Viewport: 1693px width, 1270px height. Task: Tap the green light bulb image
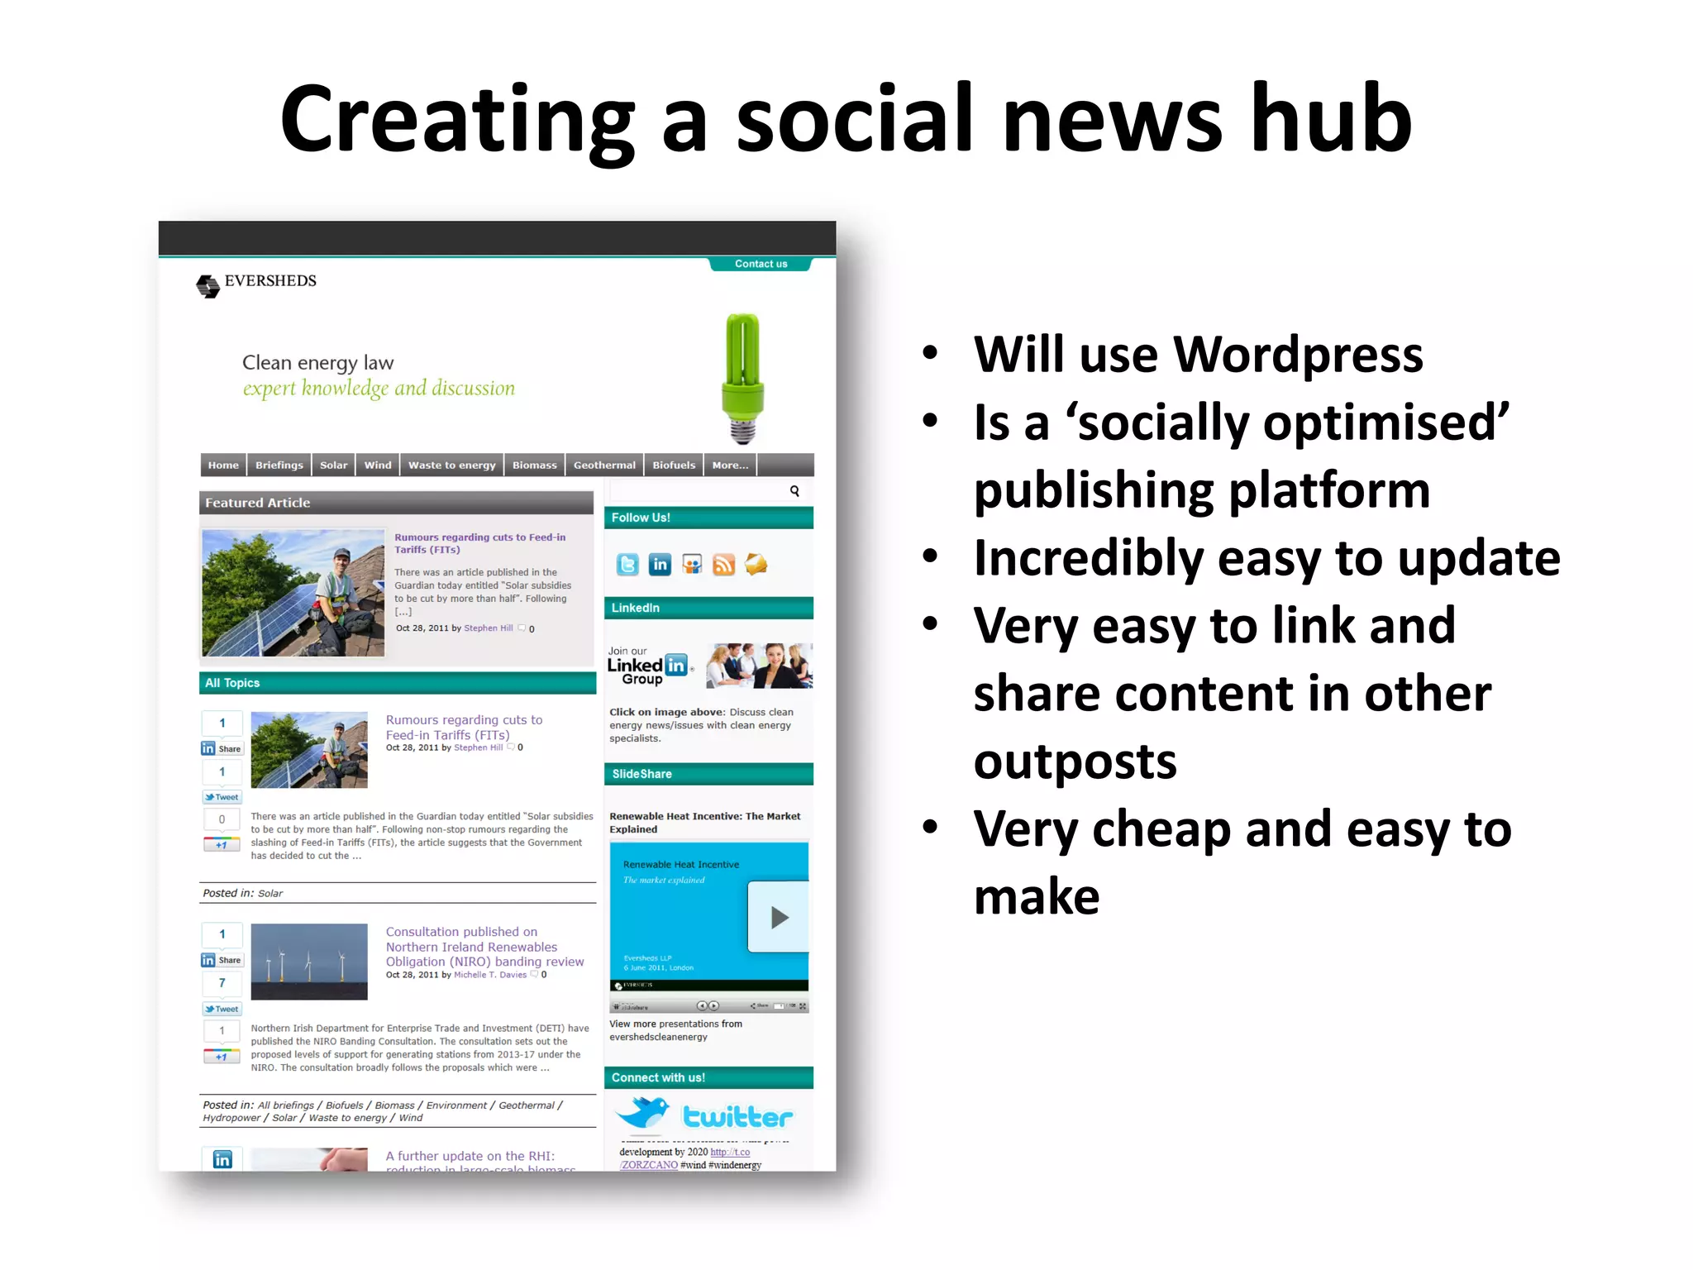[742, 377]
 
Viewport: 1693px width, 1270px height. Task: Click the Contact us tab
[761, 264]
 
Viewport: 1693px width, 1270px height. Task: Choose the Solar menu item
[333, 466]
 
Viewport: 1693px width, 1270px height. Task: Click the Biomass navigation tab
[534, 466]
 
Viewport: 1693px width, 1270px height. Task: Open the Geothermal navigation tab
[604, 466]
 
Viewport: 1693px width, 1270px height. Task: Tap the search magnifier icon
[794, 491]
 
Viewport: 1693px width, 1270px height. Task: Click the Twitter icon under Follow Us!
[627, 565]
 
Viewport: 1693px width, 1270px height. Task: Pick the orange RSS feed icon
[723, 565]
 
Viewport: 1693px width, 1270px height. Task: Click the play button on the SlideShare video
[778, 917]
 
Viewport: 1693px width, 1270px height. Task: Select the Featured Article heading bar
[396, 503]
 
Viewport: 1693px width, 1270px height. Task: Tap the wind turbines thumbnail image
[309, 962]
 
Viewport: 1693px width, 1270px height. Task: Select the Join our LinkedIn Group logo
[649, 666]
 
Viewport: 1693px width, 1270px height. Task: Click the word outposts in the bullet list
[1075, 762]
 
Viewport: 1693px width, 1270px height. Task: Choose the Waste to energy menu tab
[451, 466]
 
